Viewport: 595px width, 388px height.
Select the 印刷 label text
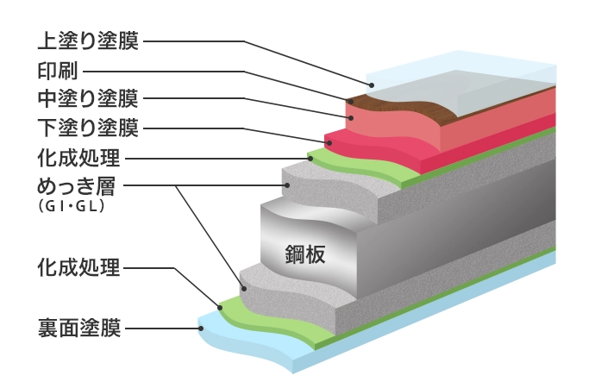point(58,69)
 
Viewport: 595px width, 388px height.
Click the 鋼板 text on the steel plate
point(304,253)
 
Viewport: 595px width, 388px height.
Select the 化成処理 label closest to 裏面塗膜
point(78,267)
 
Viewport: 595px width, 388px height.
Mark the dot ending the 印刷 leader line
point(351,101)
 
